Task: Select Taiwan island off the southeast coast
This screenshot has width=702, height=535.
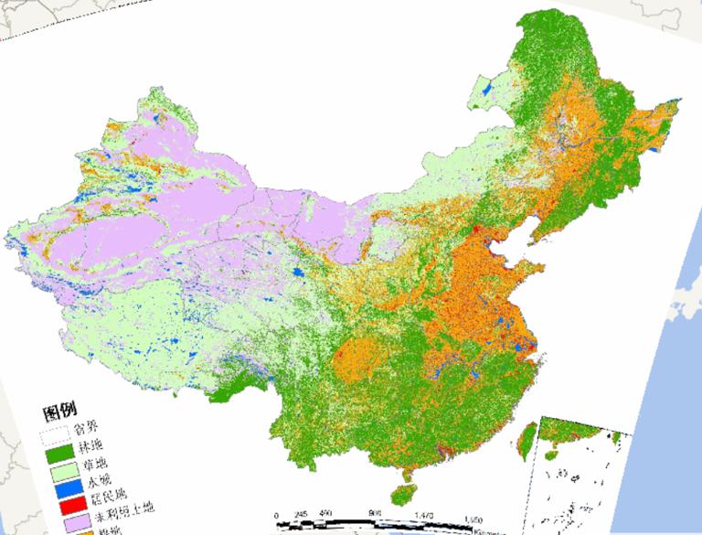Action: tap(527, 437)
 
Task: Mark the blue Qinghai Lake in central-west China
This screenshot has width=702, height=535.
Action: tap(299, 273)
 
